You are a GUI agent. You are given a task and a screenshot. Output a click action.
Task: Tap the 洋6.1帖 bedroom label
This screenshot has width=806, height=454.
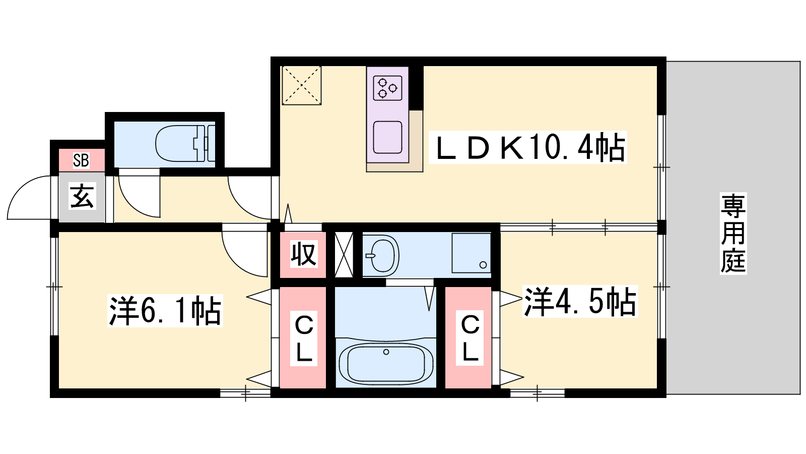pyautogui.click(x=165, y=311)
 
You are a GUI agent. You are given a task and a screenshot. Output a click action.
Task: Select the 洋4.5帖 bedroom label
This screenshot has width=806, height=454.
pyautogui.click(x=580, y=302)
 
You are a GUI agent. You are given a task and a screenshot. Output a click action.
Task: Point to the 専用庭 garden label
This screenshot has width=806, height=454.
pyautogui.click(x=733, y=234)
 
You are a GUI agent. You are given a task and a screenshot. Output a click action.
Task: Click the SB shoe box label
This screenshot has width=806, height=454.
pyautogui.click(x=81, y=160)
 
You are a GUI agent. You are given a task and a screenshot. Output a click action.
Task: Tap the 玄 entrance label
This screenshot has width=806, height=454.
pyautogui.click(x=82, y=196)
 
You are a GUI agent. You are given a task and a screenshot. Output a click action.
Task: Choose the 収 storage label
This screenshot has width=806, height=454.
pyautogui.click(x=303, y=254)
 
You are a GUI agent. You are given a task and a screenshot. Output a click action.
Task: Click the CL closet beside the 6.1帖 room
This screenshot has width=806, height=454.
pyautogui.click(x=304, y=338)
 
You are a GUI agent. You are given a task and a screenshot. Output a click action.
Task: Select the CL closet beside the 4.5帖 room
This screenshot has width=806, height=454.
pyautogui.click(x=470, y=338)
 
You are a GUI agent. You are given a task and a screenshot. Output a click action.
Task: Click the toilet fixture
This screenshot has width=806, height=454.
pyautogui.click(x=185, y=143)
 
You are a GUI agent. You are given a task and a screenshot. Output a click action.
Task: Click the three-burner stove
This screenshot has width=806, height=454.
pyautogui.click(x=387, y=88)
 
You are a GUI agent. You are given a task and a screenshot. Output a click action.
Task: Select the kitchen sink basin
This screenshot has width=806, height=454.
pyautogui.click(x=387, y=137)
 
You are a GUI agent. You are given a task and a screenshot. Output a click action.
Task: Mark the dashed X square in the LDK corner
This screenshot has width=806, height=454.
pyautogui.click(x=302, y=85)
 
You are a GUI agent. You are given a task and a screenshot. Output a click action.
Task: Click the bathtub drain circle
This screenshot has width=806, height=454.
pyautogui.click(x=386, y=352)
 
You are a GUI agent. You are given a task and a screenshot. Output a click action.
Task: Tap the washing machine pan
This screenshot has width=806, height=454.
pyautogui.click(x=472, y=253)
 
